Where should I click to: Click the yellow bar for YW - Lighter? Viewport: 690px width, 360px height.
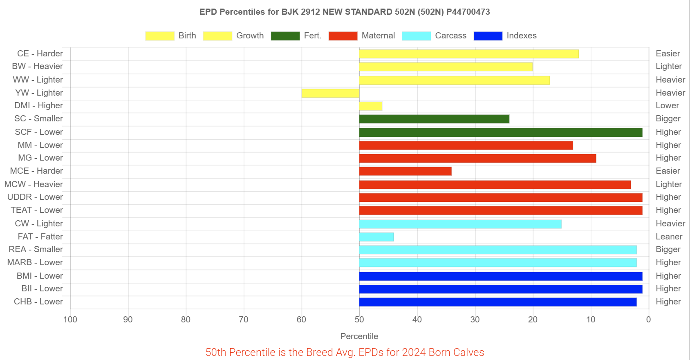tap(330, 93)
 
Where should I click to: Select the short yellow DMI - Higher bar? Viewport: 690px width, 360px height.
tap(371, 106)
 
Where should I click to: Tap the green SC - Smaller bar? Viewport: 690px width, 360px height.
tap(434, 119)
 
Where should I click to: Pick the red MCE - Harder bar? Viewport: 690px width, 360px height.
tap(405, 171)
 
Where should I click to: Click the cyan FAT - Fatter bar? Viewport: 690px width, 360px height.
tap(376, 237)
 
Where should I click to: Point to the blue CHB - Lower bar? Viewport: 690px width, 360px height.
tap(497, 302)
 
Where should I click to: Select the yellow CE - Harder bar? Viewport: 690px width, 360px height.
tap(469, 54)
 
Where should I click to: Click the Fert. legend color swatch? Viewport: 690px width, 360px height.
tap(285, 36)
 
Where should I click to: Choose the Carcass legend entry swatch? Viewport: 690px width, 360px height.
tap(416, 36)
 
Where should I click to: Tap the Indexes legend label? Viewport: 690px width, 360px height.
tap(521, 36)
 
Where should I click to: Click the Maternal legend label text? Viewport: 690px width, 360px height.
tap(378, 36)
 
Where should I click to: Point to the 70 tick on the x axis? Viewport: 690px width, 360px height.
tap(244, 320)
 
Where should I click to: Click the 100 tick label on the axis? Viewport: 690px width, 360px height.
tap(70, 320)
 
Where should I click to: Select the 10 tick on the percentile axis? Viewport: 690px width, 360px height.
tap(591, 320)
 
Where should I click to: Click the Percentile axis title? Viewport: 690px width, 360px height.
tap(359, 336)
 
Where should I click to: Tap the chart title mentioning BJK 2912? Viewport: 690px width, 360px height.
tap(345, 12)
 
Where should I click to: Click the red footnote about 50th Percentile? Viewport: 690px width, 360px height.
tap(345, 352)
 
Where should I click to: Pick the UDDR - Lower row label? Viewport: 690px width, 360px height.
tap(35, 197)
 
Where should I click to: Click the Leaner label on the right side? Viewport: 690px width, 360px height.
tap(669, 237)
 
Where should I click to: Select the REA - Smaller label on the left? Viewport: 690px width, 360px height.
tap(36, 249)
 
